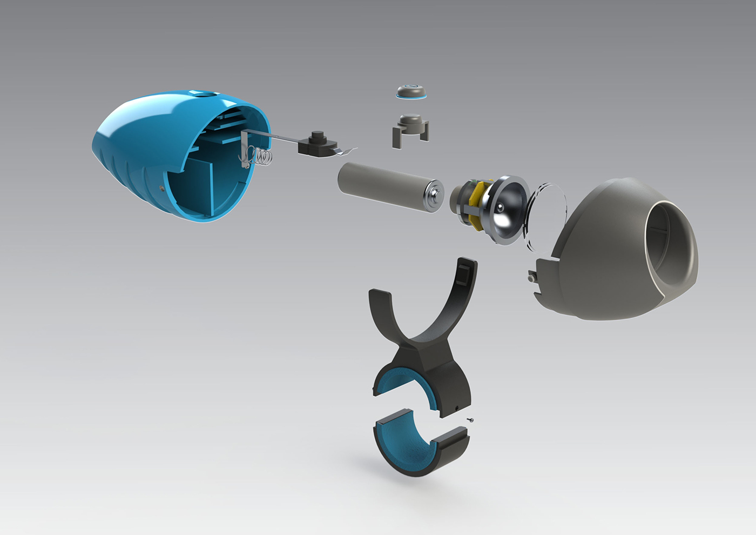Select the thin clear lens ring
tap(545, 216)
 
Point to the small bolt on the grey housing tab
tap(531, 278)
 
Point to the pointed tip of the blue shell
tap(96, 146)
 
